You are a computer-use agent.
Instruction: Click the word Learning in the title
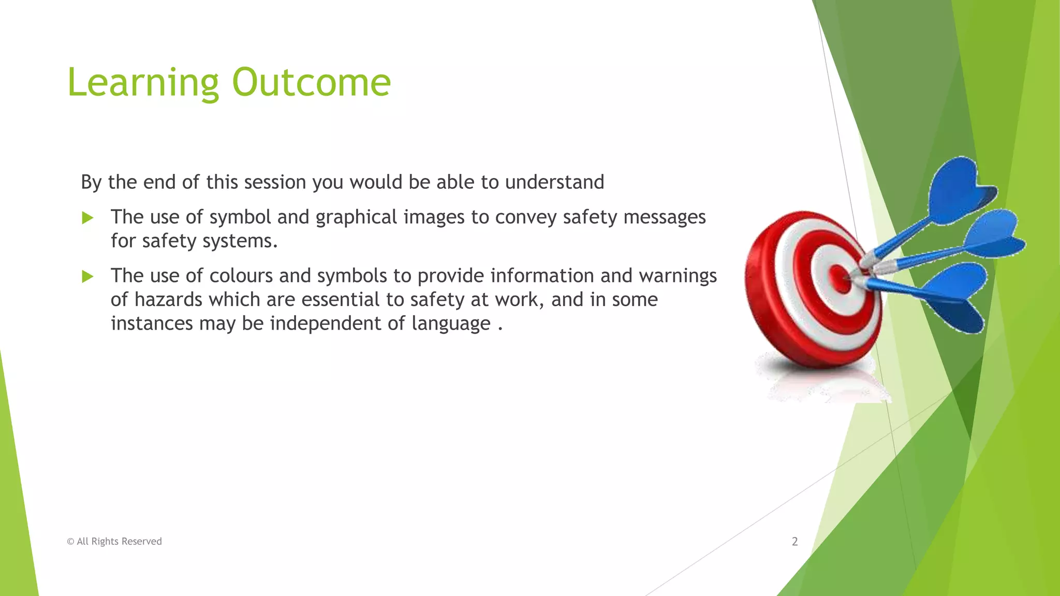click(x=143, y=83)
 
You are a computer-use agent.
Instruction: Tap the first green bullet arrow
click(x=87, y=218)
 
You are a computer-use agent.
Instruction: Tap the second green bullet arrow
click(x=87, y=277)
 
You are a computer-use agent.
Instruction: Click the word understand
click(x=554, y=182)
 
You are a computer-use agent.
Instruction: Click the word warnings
click(x=678, y=276)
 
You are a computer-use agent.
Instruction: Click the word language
click(x=451, y=323)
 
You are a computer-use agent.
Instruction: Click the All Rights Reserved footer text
click(x=114, y=541)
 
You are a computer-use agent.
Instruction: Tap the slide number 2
click(x=794, y=541)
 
